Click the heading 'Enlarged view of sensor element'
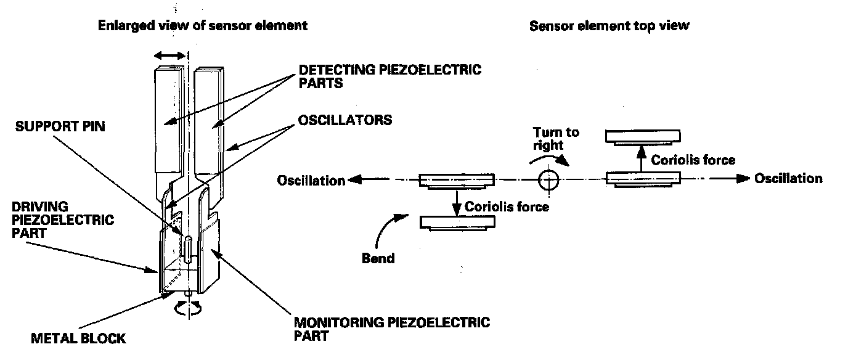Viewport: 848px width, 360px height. (203, 26)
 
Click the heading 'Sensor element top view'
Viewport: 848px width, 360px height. (609, 26)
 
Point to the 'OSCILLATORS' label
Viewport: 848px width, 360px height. (345, 119)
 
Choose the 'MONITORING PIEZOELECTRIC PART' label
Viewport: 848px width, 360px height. (391, 329)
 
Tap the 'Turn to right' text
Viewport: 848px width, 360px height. (556, 139)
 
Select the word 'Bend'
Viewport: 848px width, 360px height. (378, 258)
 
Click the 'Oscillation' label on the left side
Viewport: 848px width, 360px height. (311, 180)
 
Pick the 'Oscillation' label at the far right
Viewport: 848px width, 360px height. (788, 178)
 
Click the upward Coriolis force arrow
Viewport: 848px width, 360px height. (640, 158)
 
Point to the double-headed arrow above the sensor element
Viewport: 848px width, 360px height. (169, 56)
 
